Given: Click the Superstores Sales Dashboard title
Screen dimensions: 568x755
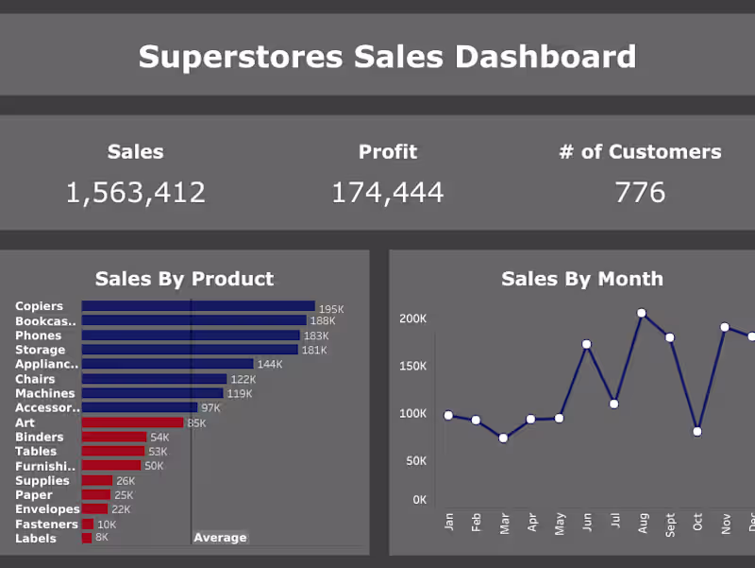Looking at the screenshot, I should click(387, 57).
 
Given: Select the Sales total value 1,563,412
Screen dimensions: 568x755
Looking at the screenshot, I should click(135, 193).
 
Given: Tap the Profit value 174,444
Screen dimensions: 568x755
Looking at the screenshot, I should click(387, 193).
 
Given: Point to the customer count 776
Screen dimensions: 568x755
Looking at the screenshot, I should click(640, 193).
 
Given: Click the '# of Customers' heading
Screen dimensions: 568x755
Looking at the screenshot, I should click(640, 151).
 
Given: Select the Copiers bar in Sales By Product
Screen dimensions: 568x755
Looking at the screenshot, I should click(198, 306).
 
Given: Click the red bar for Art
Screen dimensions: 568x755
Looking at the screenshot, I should click(132, 422).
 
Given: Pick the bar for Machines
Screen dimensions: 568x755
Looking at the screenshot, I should click(152, 393).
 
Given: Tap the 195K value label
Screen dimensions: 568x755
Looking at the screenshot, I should click(331, 309).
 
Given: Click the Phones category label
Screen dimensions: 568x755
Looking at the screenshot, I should click(38, 336).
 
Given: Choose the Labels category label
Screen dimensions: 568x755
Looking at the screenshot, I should click(36, 539).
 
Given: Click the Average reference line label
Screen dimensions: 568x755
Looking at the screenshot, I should click(220, 538).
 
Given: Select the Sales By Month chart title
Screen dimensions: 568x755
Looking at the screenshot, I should click(581, 279).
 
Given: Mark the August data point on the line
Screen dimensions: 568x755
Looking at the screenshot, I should click(642, 313).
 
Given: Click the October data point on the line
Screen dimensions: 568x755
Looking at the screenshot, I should click(697, 431).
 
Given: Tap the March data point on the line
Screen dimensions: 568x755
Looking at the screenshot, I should click(503, 439).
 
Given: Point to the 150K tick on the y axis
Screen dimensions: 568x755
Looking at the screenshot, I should click(413, 366).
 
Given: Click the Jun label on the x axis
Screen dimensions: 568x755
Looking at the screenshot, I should click(587, 523).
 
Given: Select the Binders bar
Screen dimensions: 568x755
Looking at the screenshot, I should click(114, 437).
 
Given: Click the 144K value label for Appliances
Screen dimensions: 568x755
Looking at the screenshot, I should click(270, 365).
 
